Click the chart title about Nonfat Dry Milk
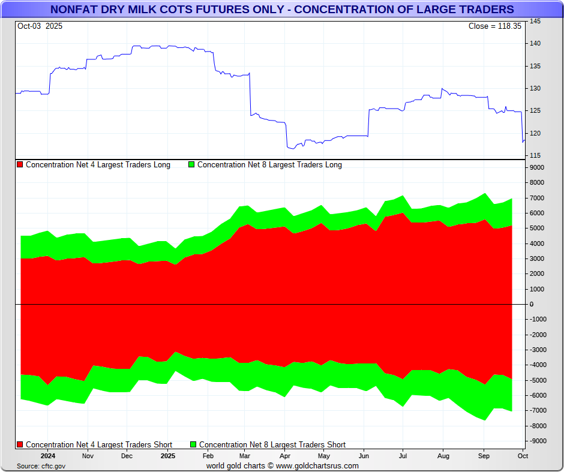[x=282, y=10]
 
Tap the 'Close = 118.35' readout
[x=495, y=26]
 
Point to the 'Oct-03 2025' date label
[x=40, y=26]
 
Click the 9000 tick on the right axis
[x=536, y=167]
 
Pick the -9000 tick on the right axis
[x=536, y=441]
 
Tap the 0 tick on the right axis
[x=531, y=304]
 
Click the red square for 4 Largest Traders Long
[x=20, y=165]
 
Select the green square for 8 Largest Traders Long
[x=192, y=165]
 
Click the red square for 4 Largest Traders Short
[x=20, y=445]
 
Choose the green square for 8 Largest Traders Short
[x=193, y=445]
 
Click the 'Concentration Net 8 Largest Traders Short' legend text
[x=272, y=445]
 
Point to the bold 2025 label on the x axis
[x=168, y=456]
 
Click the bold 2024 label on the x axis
[x=48, y=456]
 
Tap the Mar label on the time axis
[x=245, y=456]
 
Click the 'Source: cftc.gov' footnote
[x=41, y=466]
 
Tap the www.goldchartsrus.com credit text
[x=317, y=466]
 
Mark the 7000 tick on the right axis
[x=536, y=198]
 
